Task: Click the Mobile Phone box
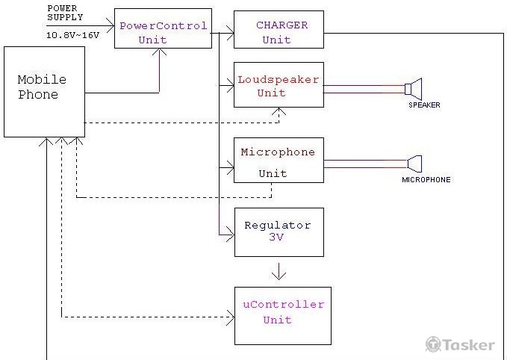(43, 92)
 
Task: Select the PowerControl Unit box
(163, 29)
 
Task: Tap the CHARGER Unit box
(279, 30)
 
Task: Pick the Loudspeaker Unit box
(279, 84)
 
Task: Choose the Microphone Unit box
(279, 160)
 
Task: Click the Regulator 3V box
(279, 232)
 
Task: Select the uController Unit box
(282, 315)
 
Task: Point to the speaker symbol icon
(414, 90)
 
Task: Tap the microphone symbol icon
(414, 163)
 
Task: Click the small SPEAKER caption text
(423, 105)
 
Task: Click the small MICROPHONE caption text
(426, 180)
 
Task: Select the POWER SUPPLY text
(66, 12)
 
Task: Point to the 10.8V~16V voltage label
(72, 35)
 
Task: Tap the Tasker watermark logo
(460, 344)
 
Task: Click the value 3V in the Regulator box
(276, 238)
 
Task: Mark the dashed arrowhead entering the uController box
(230, 317)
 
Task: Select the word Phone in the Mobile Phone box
(38, 95)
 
